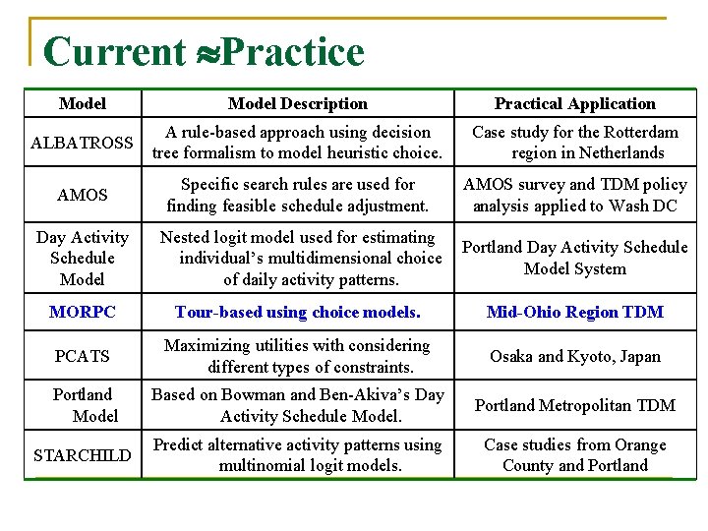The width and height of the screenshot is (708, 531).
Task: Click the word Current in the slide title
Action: [114, 52]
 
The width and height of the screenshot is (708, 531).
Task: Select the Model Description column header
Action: [297, 103]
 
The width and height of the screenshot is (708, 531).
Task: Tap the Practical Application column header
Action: [574, 103]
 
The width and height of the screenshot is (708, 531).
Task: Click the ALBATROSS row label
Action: [82, 143]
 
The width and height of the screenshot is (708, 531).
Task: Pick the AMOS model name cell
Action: [83, 195]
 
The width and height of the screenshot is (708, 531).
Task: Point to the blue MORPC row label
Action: [83, 312]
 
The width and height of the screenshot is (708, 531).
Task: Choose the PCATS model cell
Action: [83, 356]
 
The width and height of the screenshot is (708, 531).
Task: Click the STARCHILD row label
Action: [82, 455]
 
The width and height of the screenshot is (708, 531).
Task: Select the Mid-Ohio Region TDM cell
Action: [574, 312]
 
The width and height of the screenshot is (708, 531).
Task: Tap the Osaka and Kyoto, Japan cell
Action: [574, 356]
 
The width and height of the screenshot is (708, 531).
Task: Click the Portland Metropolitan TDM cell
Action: [574, 405]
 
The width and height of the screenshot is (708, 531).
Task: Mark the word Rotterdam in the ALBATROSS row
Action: [638, 132]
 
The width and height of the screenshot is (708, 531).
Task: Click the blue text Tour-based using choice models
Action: [297, 312]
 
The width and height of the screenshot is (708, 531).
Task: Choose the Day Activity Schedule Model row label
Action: [83, 258]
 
